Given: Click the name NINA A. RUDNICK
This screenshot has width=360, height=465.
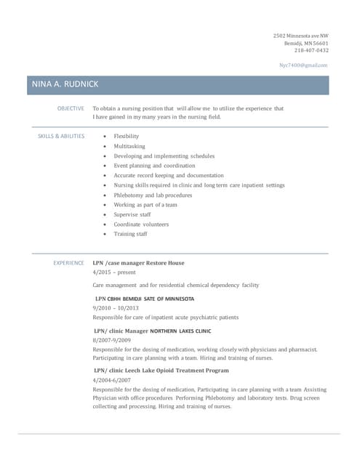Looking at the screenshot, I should click(65, 85).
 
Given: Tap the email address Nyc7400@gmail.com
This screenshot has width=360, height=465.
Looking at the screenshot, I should click(304, 65).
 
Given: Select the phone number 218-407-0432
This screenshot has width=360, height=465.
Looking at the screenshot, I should click(311, 50).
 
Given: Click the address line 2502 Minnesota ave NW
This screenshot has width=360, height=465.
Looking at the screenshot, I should click(300, 36).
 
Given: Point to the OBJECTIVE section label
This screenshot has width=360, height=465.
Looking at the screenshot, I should click(71, 108).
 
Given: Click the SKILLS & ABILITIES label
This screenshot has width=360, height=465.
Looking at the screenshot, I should click(61, 136).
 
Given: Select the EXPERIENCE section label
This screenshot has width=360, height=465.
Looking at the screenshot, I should click(68, 263).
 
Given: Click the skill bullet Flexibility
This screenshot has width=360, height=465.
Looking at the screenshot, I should click(126, 136).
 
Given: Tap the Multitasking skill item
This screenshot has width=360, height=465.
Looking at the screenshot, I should click(129, 146).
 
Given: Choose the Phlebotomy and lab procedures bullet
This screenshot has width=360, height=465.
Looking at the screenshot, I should click(153, 195).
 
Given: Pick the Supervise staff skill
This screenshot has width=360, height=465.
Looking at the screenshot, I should click(132, 214).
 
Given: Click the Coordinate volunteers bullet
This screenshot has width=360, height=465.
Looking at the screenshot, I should click(141, 225).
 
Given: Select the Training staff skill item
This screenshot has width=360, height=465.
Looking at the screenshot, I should click(130, 234).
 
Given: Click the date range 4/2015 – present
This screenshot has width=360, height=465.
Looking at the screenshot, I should click(114, 272).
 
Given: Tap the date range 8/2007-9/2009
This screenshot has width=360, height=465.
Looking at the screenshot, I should click(112, 340).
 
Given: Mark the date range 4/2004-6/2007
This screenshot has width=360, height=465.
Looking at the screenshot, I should click(112, 380).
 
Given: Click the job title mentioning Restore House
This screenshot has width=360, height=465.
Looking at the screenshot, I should click(139, 263).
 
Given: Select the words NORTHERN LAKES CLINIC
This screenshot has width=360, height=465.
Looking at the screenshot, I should click(180, 331).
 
